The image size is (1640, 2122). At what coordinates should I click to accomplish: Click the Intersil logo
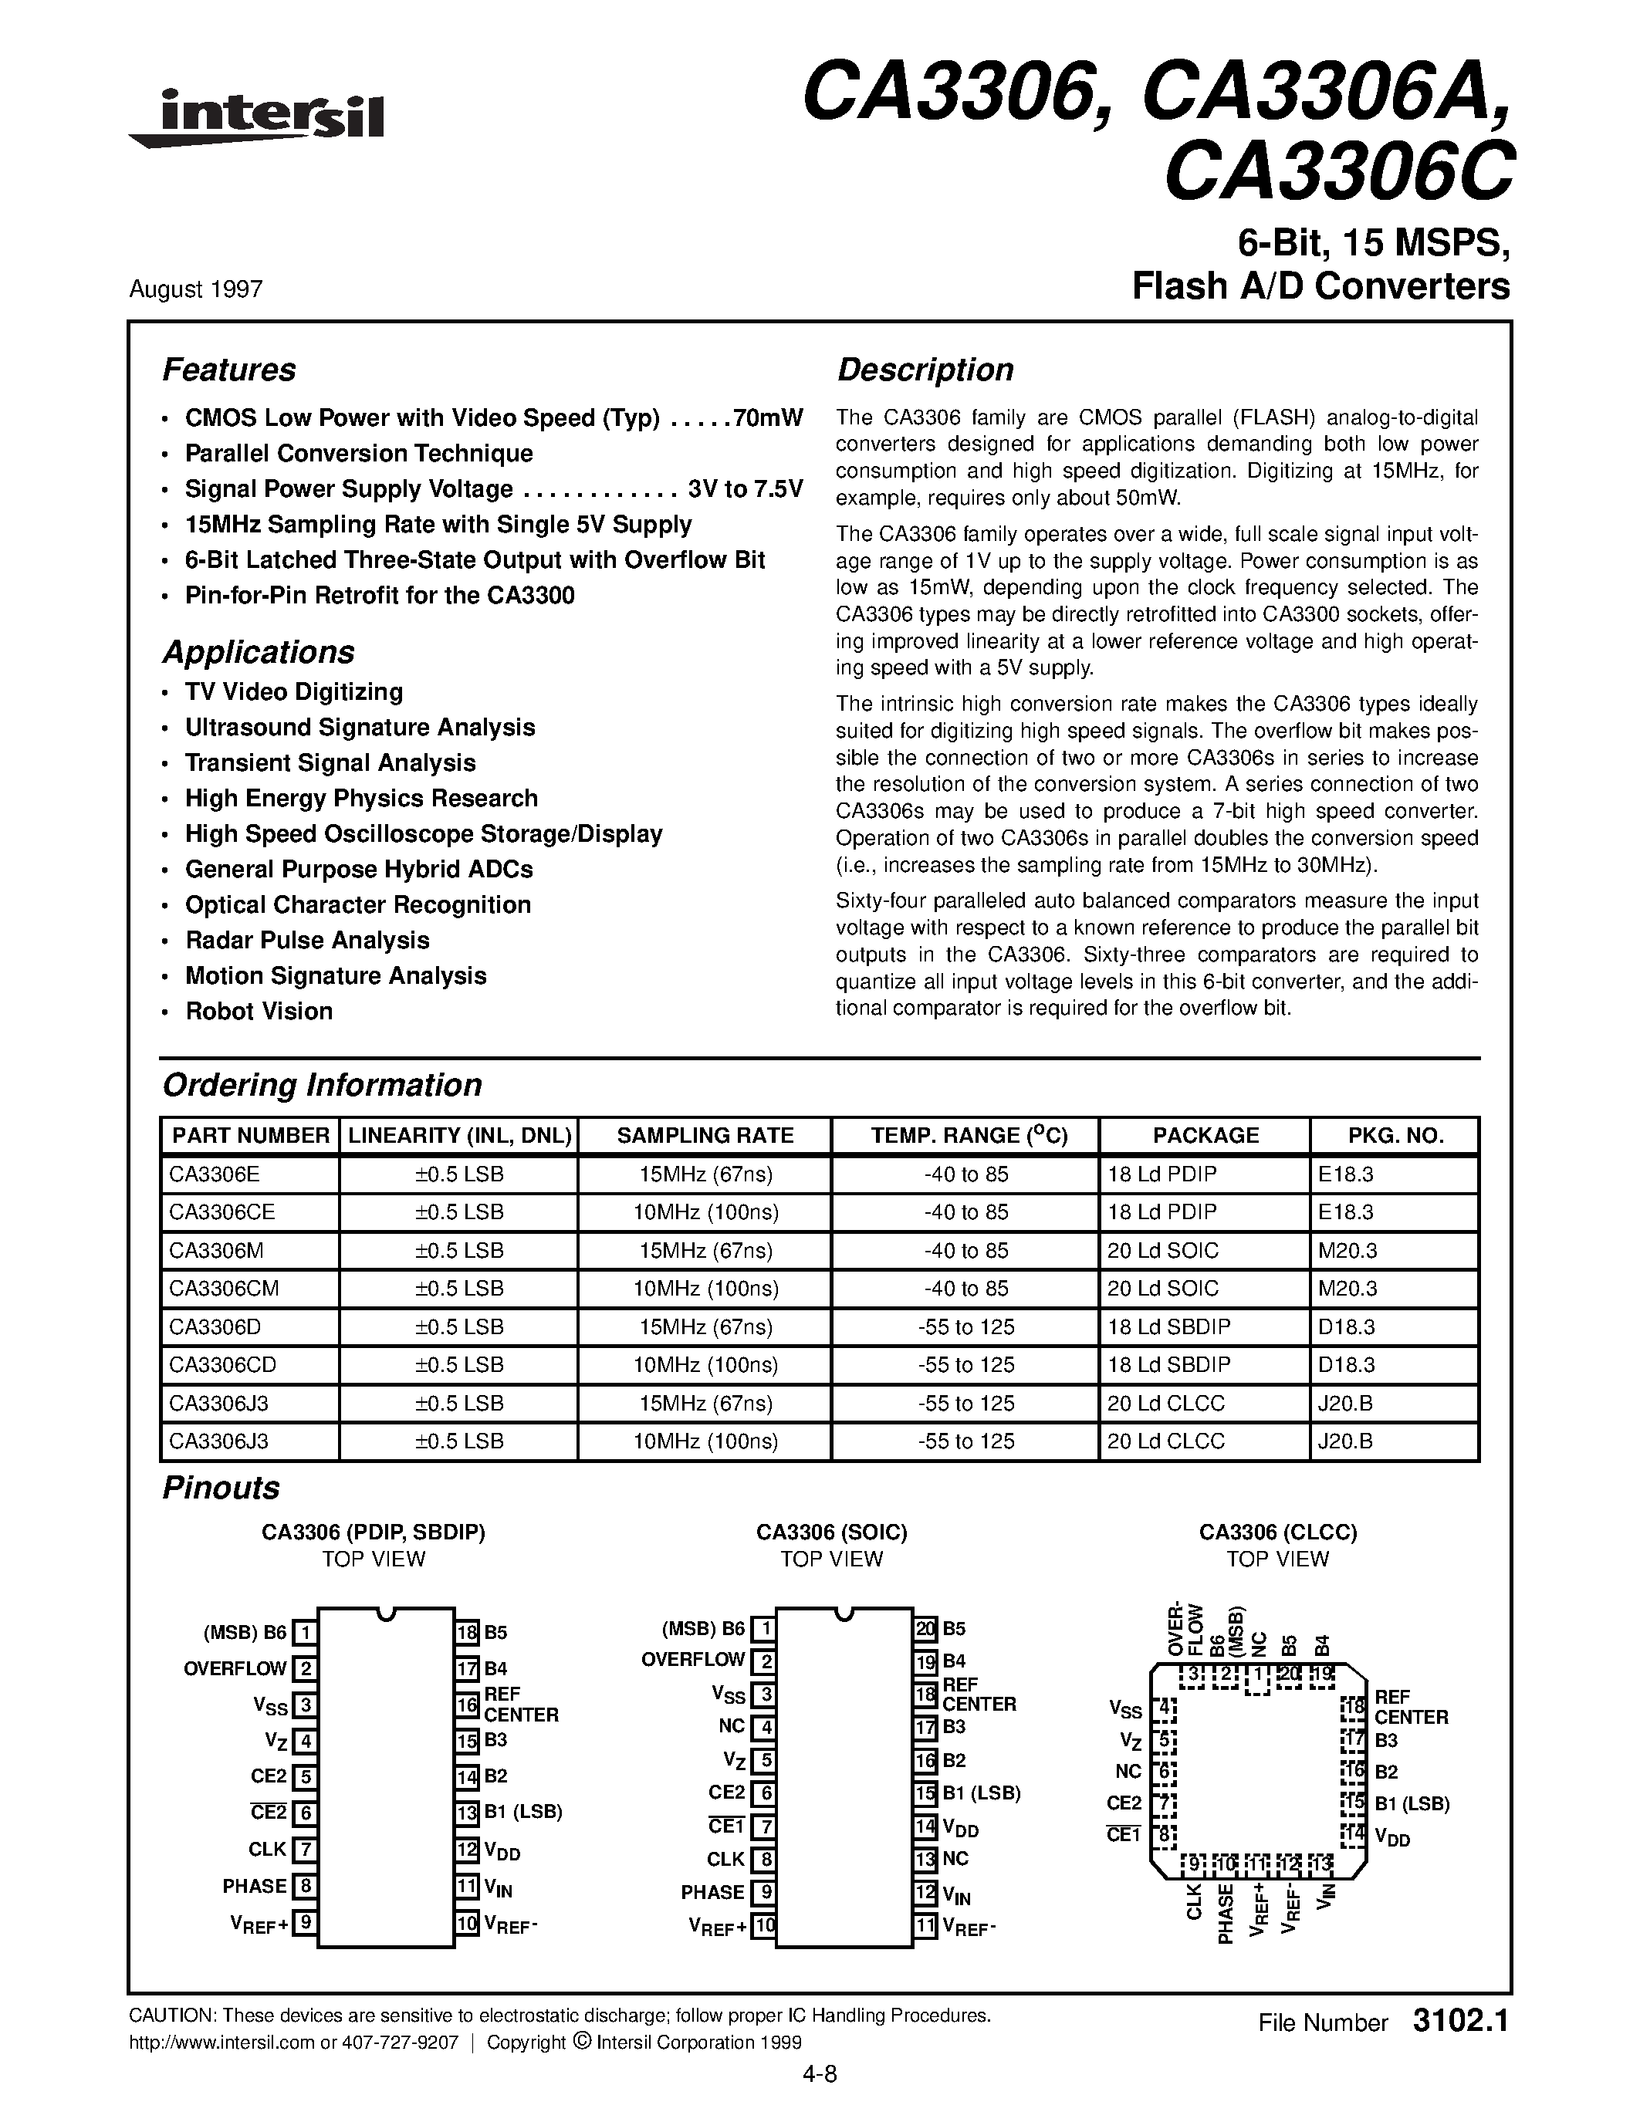click(258, 119)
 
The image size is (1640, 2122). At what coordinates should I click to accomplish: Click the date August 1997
click(195, 289)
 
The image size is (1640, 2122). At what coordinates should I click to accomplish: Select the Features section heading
click(228, 370)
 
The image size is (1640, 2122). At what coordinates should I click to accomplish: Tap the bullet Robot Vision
click(259, 1012)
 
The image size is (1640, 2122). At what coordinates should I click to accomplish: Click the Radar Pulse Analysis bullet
click(307, 941)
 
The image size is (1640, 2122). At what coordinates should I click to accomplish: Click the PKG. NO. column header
click(1395, 1135)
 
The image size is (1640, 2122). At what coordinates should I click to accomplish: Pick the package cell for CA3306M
click(1163, 1251)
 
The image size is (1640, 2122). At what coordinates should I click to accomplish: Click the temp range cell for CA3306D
click(965, 1326)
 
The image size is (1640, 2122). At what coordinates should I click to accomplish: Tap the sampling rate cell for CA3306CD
click(705, 1365)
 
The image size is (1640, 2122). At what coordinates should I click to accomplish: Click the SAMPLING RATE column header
click(705, 1135)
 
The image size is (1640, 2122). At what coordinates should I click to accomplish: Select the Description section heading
click(925, 370)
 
